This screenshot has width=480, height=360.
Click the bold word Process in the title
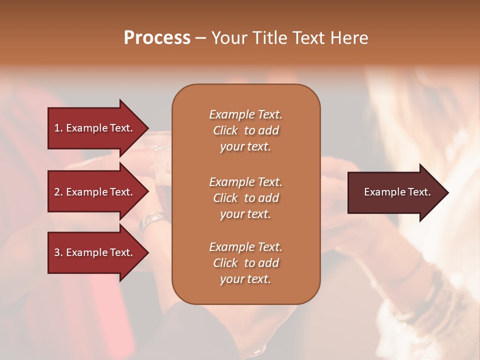[x=157, y=38]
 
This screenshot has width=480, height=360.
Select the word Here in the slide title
[x=349, y=38]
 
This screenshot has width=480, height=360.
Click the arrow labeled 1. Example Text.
[x=95, y=128]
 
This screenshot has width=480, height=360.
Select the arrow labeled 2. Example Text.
[x=95, y=192]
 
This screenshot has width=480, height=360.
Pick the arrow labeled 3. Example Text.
[x=95, y=252]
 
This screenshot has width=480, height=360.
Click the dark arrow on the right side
[x=395, y=192]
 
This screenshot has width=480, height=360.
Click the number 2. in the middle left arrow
[x=58, y=192]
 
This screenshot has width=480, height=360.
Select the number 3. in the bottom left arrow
[x=58, y=252]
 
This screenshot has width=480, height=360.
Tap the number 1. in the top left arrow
[x=58, y=128]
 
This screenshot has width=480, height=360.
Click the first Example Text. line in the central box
[x=245, y=114]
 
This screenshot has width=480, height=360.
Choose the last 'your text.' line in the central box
[x=245, y=279]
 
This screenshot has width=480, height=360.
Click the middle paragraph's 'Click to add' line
[x=245, y=198]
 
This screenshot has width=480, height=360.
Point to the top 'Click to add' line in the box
[x=245, y=130]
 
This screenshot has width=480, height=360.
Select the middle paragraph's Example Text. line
[x=245, y=181]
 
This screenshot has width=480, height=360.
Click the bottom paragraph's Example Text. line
[x=245, y=247]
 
